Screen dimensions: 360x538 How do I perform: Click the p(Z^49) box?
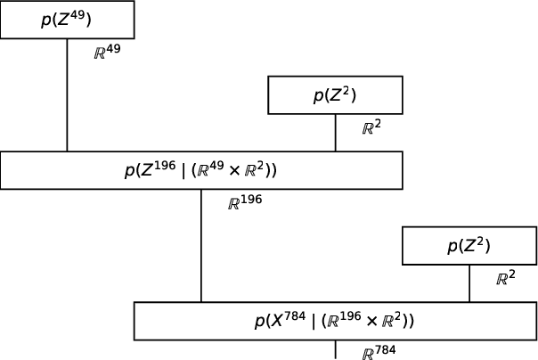(x=67, y=20)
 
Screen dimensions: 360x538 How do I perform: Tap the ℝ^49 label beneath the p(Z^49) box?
(x=107, y=52)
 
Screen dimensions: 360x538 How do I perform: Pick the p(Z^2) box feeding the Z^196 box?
(x=335, y=95)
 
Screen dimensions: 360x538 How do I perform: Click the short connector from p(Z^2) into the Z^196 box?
(x=335, y=133)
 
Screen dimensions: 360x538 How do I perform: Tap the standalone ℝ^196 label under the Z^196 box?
(x=244, y=202)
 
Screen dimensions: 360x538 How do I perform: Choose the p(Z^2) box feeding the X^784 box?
(x=469, y=246)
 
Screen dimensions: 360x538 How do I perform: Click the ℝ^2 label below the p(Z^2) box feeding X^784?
(x=506, y=278)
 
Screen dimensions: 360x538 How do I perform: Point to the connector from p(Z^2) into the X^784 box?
(x=469, y=283)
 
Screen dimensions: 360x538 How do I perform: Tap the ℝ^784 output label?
(x=379, y=353)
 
